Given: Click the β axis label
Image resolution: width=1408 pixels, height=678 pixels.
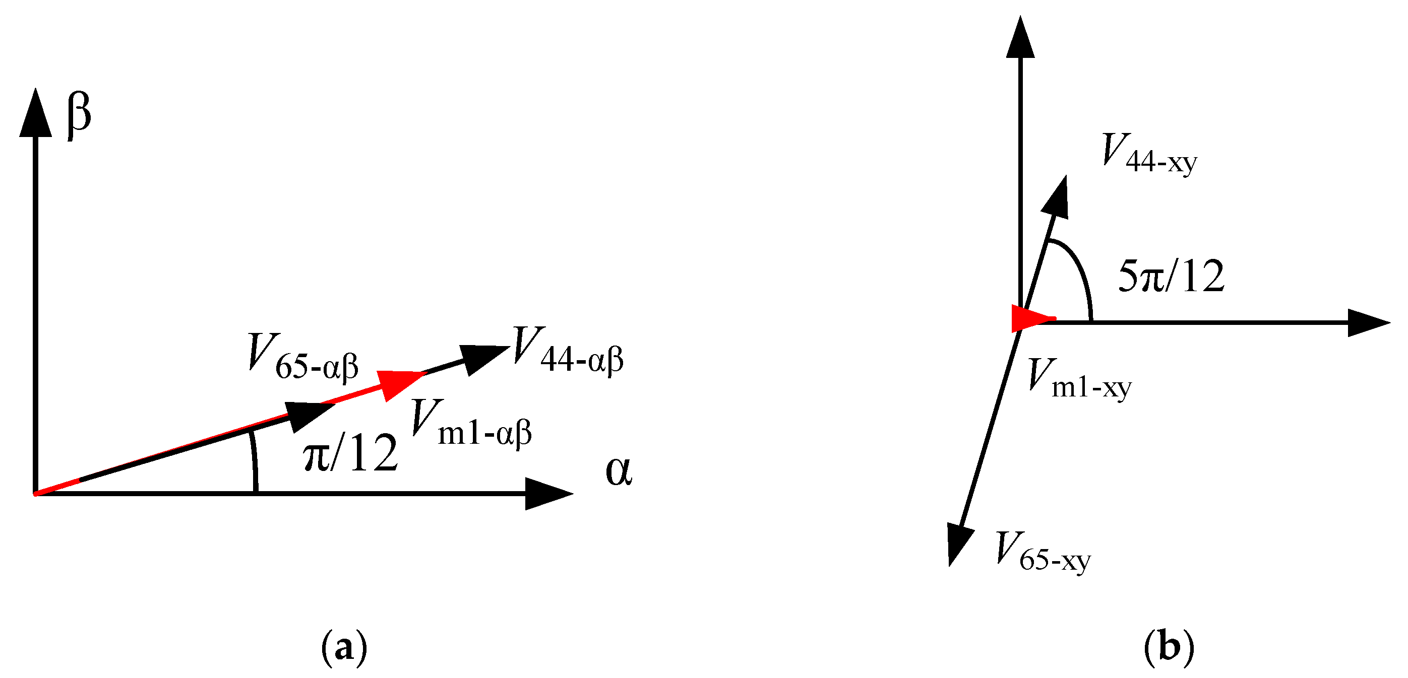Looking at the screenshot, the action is [x=79, y=116].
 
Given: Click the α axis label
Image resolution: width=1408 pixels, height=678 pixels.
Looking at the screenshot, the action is [x=619, y=471].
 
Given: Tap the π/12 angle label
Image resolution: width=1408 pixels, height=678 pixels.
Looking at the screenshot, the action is [x=350, y=453].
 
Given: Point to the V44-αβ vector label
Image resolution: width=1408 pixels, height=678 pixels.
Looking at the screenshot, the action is [x=569, y=350].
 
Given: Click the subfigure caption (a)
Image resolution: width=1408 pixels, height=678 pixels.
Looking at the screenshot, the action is [x=344, y=648].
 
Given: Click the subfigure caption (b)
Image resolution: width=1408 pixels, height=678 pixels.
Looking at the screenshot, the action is [x=1169, y=648].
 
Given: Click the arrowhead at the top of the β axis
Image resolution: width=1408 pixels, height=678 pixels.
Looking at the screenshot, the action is [x=35, y=115].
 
